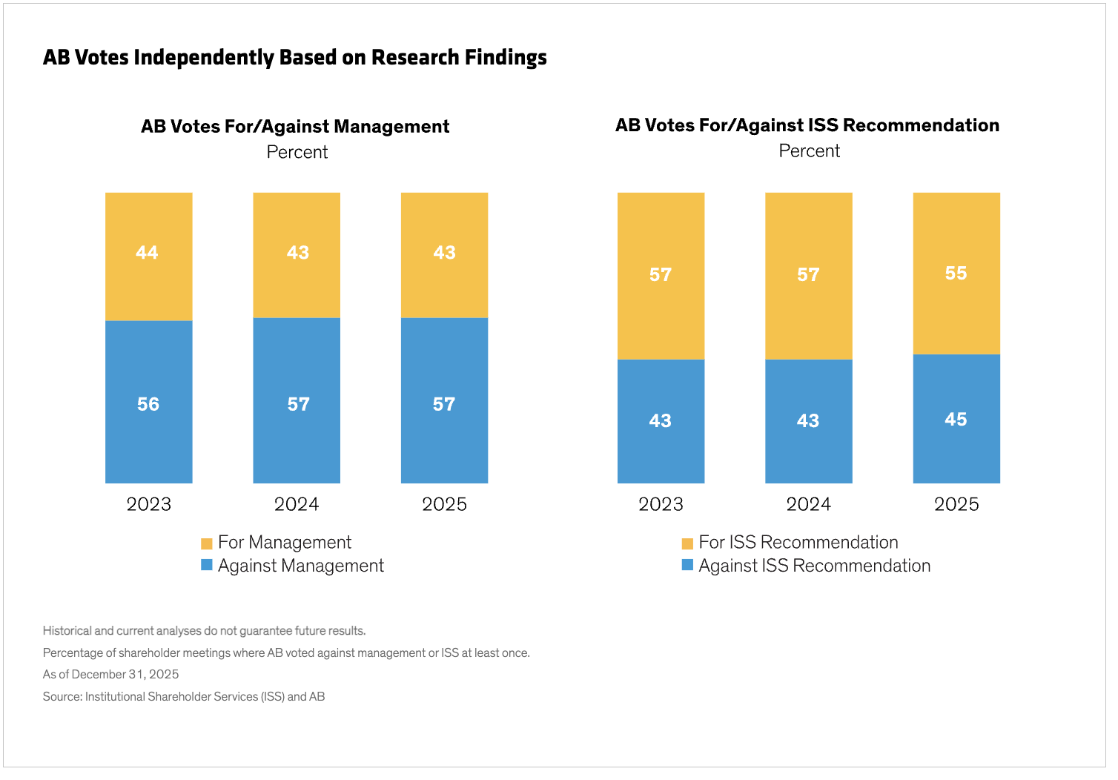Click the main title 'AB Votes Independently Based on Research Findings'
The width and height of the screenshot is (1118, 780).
[x=294, y=58]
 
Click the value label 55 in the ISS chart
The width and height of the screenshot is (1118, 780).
[x=956, y=274]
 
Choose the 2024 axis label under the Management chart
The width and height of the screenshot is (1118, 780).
[x=297, y=505]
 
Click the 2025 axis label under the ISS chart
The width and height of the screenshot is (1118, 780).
[x=956, y=505]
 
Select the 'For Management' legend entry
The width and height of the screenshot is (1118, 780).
[x=284, y=543]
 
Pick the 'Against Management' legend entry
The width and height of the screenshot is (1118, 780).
[x=300, y=566]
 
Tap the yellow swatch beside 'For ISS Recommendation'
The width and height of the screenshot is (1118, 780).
[x=687, y=543]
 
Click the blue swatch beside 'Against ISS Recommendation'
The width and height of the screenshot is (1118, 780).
[x=687, y=566]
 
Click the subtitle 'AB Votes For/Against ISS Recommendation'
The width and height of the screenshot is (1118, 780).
[x=807, y=125]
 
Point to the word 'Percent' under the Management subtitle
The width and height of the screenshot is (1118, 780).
[x=297, y=153]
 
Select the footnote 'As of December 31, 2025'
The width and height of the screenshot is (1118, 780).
[x=110, y=675]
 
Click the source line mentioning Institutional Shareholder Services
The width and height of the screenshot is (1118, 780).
[x=184, y=697]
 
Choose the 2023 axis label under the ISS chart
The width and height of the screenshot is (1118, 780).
[x=661, y=505]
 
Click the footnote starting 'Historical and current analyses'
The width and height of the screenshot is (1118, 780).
[x=204, y=631]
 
